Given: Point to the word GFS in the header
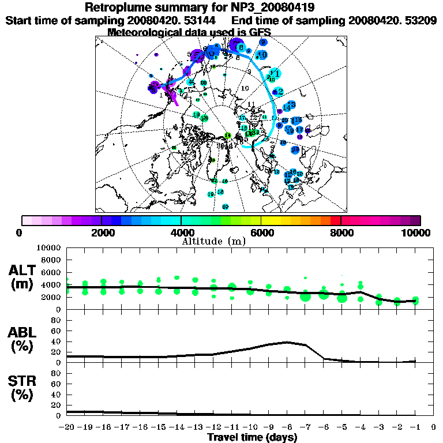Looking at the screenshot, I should pos(258,32).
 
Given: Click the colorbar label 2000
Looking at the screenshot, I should pos(102,233).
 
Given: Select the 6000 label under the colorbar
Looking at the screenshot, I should pos(261,233).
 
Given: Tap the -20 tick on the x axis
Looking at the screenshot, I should pos(67,427).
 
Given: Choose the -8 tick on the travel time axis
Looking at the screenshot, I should pos(287,427).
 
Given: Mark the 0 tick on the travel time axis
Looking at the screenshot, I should pos(434,427).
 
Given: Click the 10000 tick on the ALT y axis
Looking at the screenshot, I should pos(48,247).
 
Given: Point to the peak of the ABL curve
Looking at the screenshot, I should pos(287,341).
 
